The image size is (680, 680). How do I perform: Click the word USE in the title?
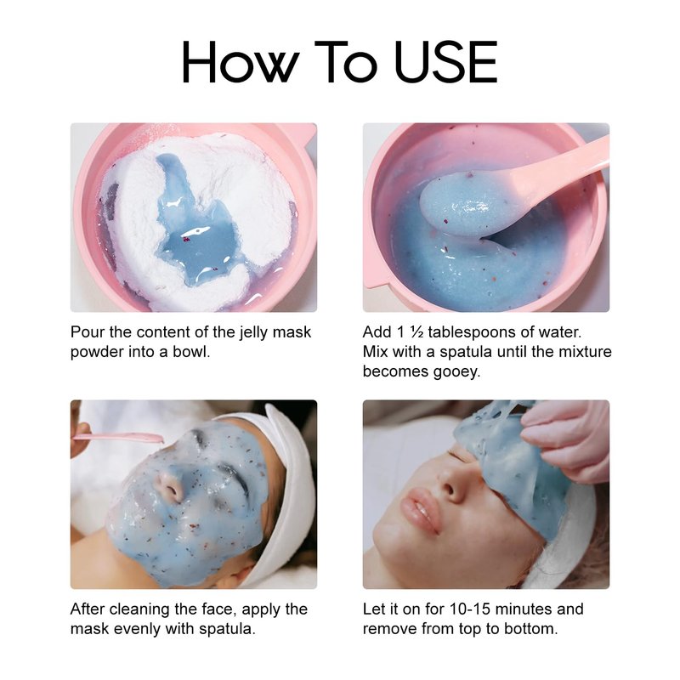(446, 61)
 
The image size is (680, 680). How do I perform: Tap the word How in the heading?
(241, 61)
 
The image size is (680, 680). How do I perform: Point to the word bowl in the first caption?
(191, 351)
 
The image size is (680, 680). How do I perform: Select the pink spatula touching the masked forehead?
(117, 437)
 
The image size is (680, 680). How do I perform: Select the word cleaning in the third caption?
(139, 609)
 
